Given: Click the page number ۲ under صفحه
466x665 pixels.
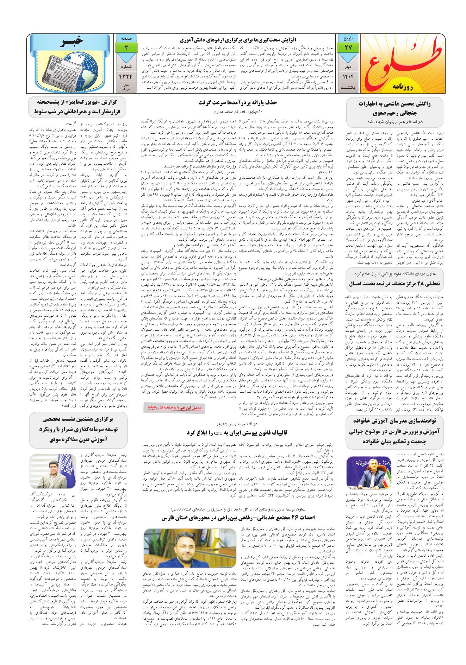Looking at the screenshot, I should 126,47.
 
